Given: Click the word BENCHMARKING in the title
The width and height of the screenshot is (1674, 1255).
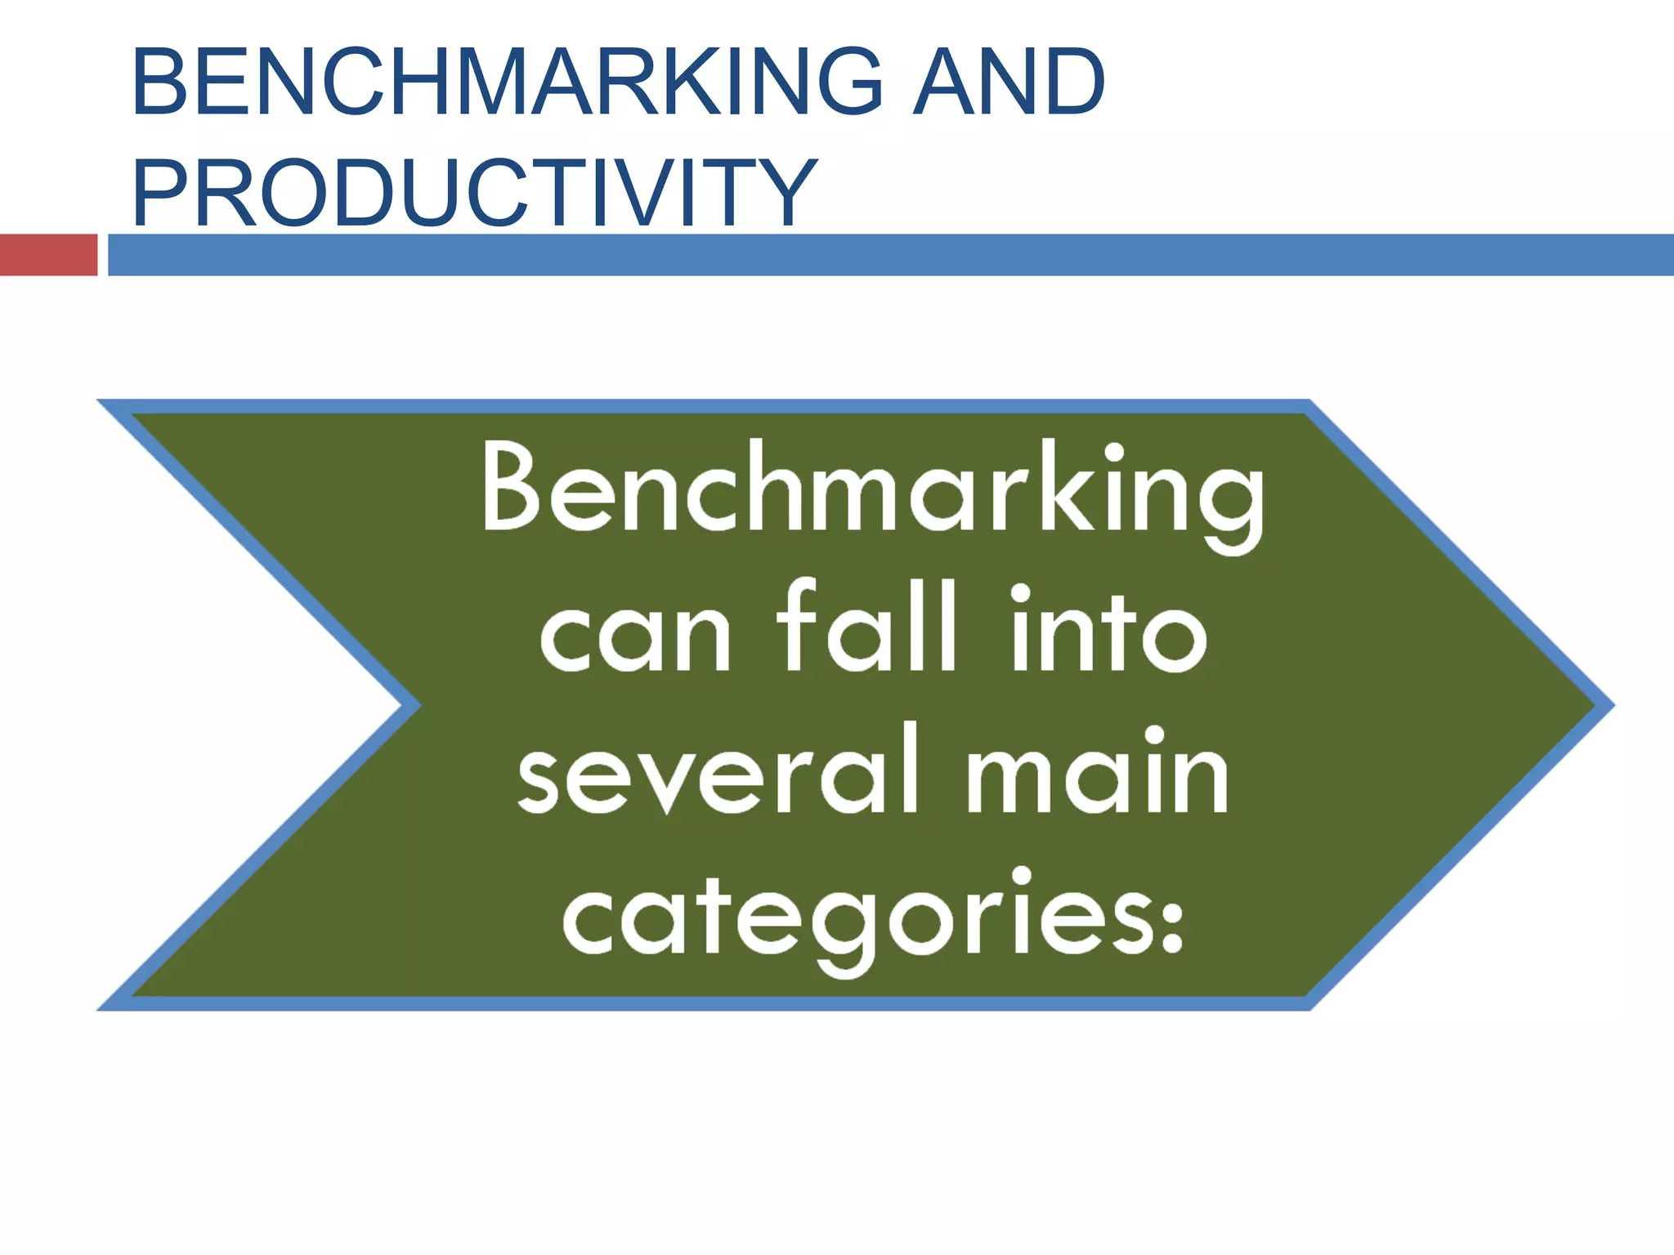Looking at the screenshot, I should (x=507, y=82).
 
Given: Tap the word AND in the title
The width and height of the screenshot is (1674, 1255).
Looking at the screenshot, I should (x=1009, y=82).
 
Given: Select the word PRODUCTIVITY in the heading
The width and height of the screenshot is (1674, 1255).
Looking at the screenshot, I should (x=474, y=193).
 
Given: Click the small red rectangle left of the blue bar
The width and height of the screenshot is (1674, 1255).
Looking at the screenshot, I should (x=48, y=255).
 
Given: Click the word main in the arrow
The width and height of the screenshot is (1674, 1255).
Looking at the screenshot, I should (x=1098, y=772).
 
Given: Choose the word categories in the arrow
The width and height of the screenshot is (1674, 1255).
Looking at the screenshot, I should (x=858, y=919).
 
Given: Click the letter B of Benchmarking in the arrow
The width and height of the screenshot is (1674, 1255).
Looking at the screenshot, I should (x=511, y=487).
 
